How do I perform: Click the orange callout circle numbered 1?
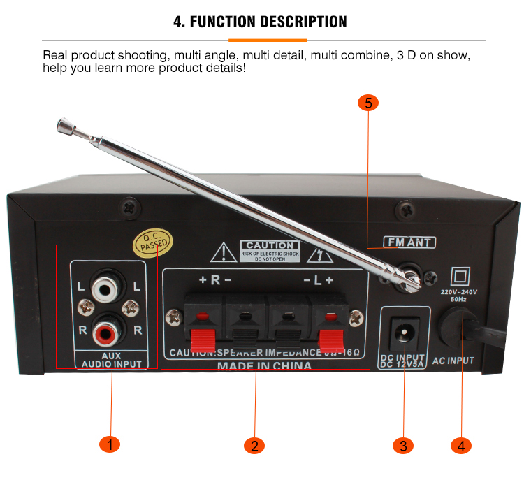110,444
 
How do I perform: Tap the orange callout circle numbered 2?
254,445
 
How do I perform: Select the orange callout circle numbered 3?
403,445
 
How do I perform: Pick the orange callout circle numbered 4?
460,445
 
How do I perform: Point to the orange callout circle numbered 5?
368,103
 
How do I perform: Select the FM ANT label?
409,242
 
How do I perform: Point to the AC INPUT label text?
453,361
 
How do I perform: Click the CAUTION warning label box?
270,249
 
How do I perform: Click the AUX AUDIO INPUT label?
111,360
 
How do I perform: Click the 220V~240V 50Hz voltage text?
459,294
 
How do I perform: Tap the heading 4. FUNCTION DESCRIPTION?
261,22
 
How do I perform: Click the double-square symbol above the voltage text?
460,273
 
